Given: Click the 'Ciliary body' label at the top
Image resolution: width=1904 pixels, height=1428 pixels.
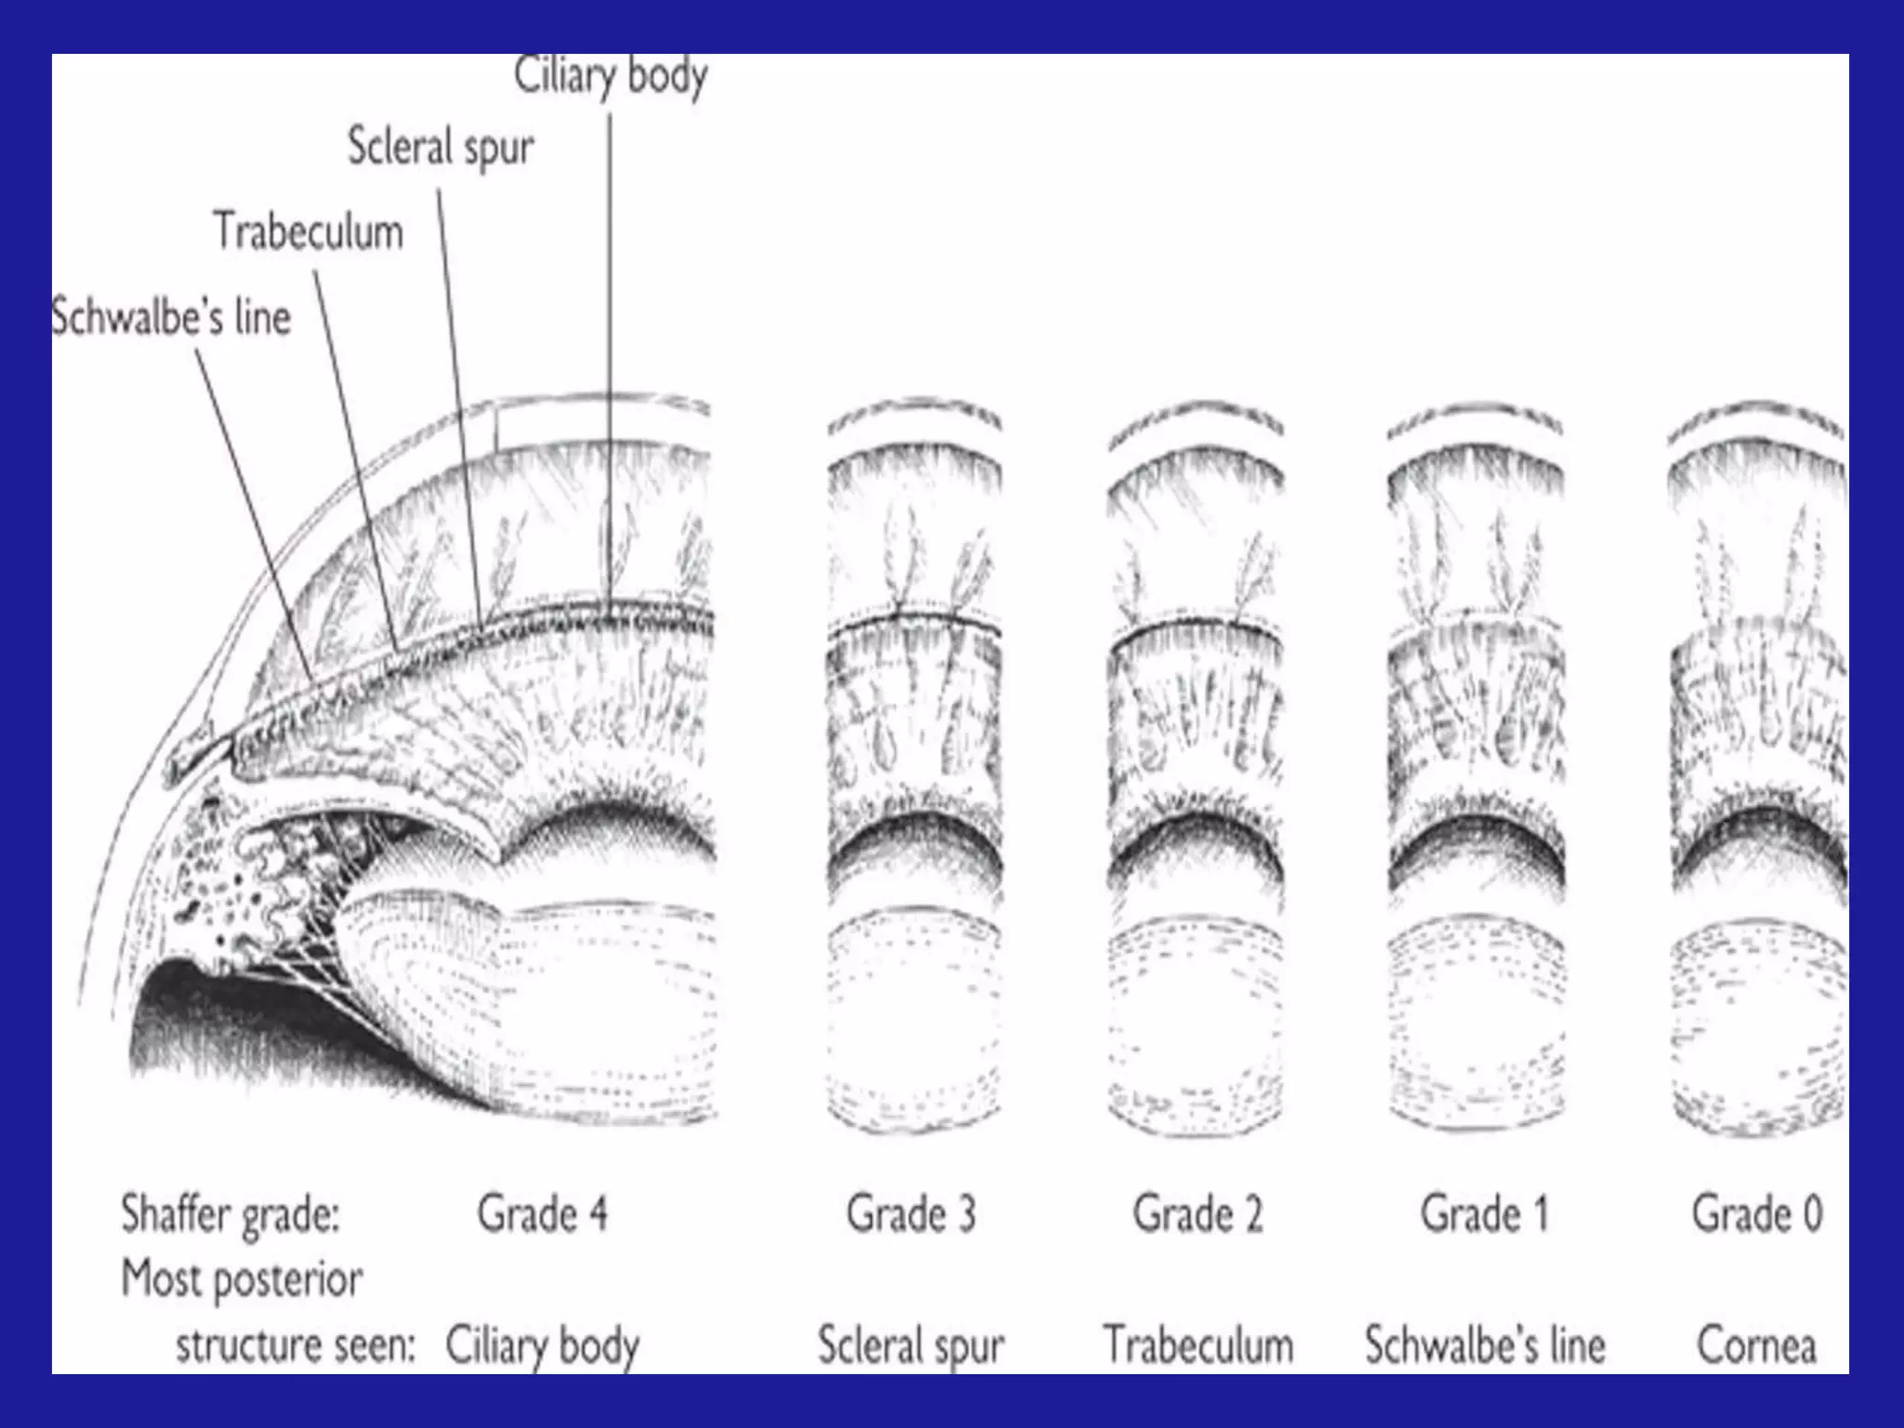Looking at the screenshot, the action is tap(611, 76).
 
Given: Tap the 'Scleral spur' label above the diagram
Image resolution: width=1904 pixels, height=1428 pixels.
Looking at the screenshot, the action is tap(441, 148).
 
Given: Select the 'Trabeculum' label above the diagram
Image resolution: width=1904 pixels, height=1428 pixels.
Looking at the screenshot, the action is tap(309, 231).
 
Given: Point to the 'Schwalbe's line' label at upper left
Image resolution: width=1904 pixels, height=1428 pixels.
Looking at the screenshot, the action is tap(171, 318).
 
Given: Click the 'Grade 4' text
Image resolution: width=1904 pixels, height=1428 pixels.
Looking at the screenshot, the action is tap(542, 1214).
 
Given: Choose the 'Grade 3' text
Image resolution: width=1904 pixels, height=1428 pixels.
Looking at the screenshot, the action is tap(911, 1214).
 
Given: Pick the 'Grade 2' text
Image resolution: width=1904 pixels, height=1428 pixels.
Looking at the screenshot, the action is tap(1197, 1214).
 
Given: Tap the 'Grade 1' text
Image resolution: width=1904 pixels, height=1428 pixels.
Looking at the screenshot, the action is tap(1484, 1214).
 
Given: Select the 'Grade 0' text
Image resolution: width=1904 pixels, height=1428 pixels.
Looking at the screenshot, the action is tap(1757, 1214).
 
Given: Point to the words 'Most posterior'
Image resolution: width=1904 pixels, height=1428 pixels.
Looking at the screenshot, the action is tap(242, 1280).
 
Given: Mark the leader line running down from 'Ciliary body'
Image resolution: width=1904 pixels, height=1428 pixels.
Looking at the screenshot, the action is tap(611, 353).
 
